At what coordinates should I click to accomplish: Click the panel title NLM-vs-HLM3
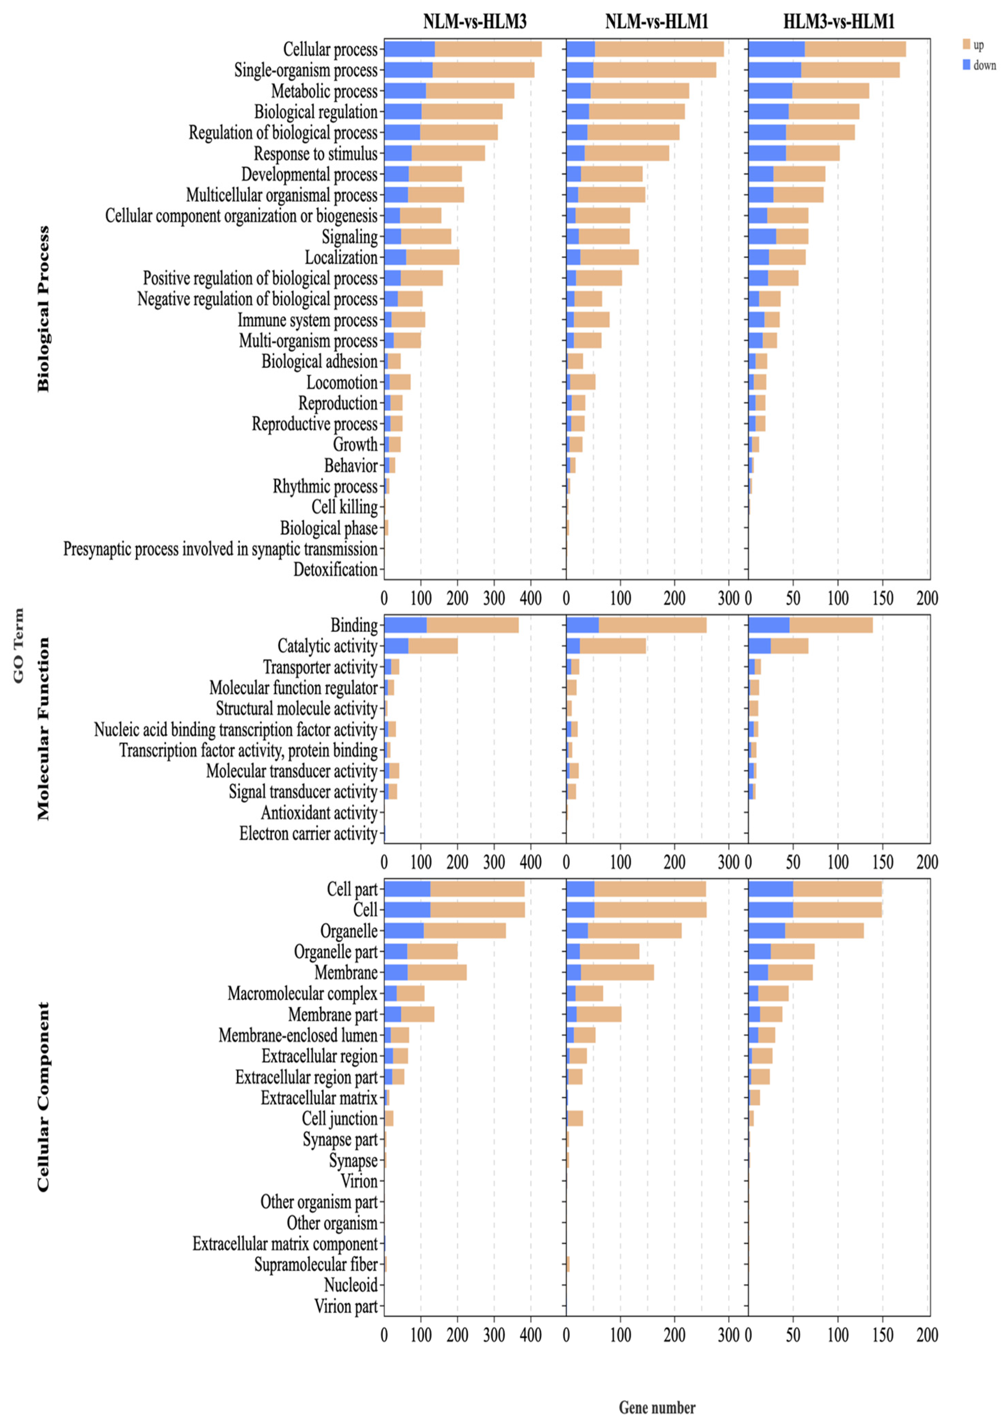tap(475, 22)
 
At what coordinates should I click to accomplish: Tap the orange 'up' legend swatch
tap(966, 44)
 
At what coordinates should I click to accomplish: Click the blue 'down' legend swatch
tap(966, 65)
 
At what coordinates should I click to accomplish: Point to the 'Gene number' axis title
tap(657, 1407)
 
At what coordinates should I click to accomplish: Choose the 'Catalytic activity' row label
tap(327, 646)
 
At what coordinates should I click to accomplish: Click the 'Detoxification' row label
tap(335, 569)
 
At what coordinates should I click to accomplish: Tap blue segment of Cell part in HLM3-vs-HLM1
tap(771, 889)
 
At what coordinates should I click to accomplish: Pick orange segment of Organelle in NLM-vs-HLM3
tap(465, 930)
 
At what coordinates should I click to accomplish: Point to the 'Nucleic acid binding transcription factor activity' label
tap(236, 729)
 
